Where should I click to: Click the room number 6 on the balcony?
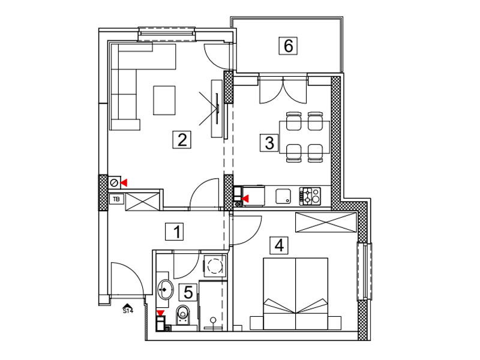point(288,46)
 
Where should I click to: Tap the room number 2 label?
point(182,140)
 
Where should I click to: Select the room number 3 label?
point(269,143)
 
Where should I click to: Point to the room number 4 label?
point(279,245)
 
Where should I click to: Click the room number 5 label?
point(188,292)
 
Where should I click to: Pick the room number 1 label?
point(175,232)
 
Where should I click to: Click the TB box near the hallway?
point(116,199)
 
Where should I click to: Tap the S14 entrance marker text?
point(128,311)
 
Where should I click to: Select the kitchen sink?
point(283,196)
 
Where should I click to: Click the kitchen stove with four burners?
point(310,196)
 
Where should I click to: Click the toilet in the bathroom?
point(183,315)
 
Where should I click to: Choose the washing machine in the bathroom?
point(215,265)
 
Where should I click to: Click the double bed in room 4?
point(296,294)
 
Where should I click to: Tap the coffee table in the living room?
point(164,100)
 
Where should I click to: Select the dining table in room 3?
point(305,137)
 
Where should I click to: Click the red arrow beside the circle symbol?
point(124,183)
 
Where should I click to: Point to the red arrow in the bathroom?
point(160,313)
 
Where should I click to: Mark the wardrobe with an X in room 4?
point(326,222)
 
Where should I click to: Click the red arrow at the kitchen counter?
point(245,199)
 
